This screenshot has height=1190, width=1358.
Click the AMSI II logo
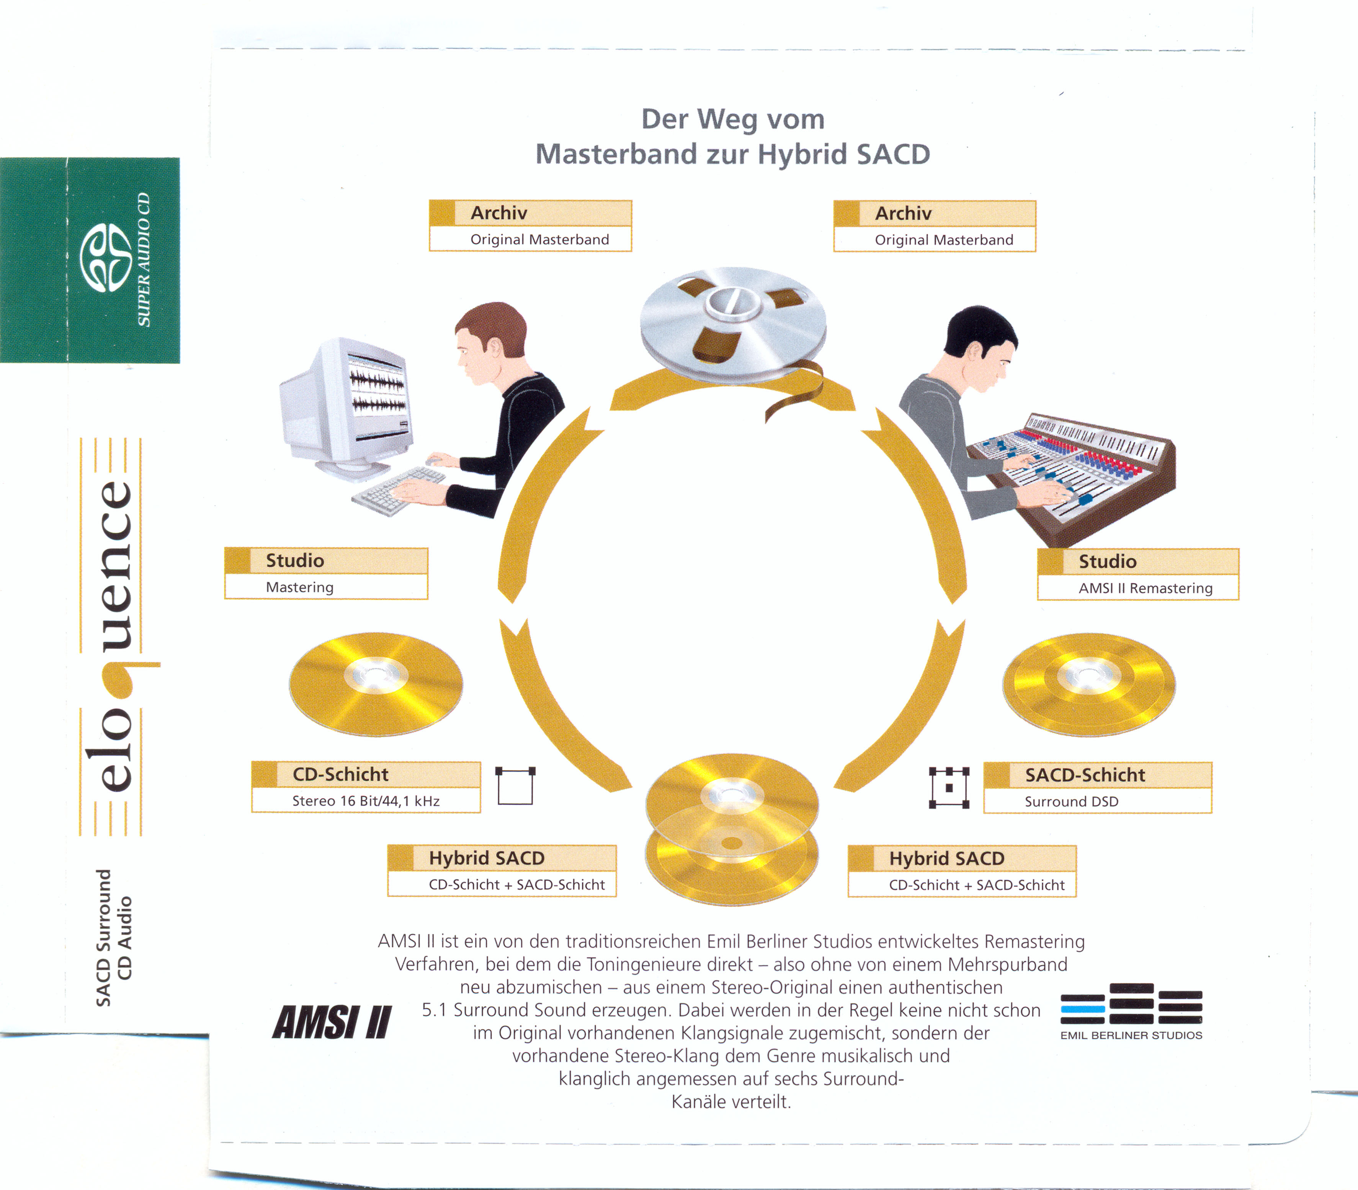332,1021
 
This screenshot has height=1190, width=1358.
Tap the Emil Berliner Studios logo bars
1131,1003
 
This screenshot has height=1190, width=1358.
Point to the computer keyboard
399,490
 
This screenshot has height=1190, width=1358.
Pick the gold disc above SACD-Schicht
1089,684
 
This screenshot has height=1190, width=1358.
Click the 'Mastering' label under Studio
299,587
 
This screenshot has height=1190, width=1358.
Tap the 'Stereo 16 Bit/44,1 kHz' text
366,801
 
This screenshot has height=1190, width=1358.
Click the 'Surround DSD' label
1071,801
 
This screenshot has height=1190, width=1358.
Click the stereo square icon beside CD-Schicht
515,785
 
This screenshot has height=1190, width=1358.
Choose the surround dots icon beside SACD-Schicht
949,788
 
